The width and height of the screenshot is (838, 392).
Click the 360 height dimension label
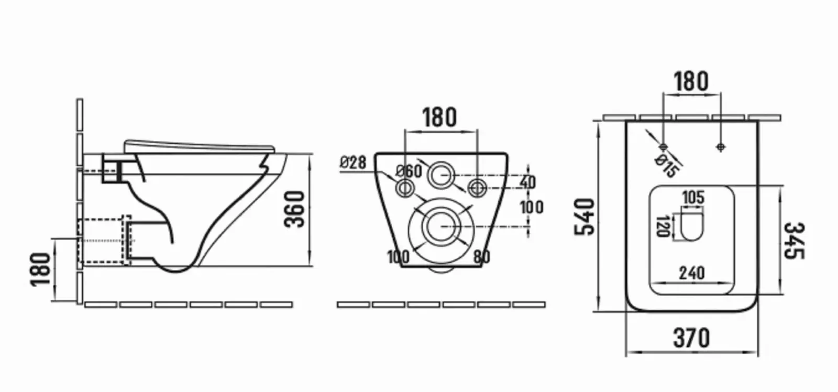point(294,209)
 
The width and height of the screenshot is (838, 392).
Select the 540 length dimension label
point(585,217)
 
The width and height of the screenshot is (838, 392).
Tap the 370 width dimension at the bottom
point(691,338)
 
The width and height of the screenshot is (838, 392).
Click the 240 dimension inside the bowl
point(692,273)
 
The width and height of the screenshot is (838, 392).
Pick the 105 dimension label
point(693,198)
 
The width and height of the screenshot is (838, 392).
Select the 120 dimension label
point(663,226)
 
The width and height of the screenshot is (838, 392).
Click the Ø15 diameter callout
point(666,166)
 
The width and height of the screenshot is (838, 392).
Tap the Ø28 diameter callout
point(353,162)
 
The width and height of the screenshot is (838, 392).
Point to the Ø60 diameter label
point(409,171)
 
